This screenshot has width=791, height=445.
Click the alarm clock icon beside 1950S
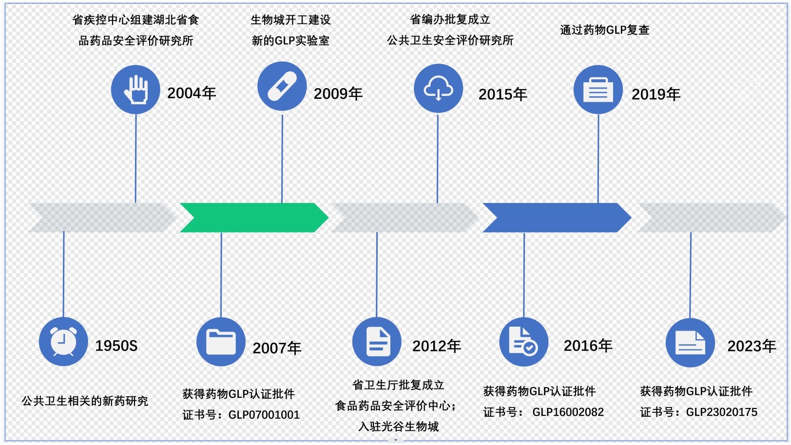(63, 342)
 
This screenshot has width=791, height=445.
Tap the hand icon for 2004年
(135, 90)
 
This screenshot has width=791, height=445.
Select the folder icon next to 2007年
(221, 342)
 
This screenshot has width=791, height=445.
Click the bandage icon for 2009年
(282, 86)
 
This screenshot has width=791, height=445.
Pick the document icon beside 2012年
(377, 342)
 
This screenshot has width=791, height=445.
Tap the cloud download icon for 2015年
(438, 88)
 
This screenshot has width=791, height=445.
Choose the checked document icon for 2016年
(524, 342)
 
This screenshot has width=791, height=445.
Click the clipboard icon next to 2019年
(598, 90)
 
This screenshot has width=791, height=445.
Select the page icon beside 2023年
(690, 343)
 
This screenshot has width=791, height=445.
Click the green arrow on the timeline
(253, 218)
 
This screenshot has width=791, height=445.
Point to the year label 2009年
(338, 93)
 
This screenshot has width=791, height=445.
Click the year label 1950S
(116, 346)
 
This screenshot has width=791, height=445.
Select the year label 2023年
(752, 346)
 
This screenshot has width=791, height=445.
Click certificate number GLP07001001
(264, 415)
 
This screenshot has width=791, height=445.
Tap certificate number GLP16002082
(568, 412)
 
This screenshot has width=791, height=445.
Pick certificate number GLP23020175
(721, 412)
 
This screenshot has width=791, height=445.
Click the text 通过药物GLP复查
(604, 30)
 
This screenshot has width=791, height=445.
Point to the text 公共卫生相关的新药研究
(85, 401)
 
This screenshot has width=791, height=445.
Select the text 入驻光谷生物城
(398, 426)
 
